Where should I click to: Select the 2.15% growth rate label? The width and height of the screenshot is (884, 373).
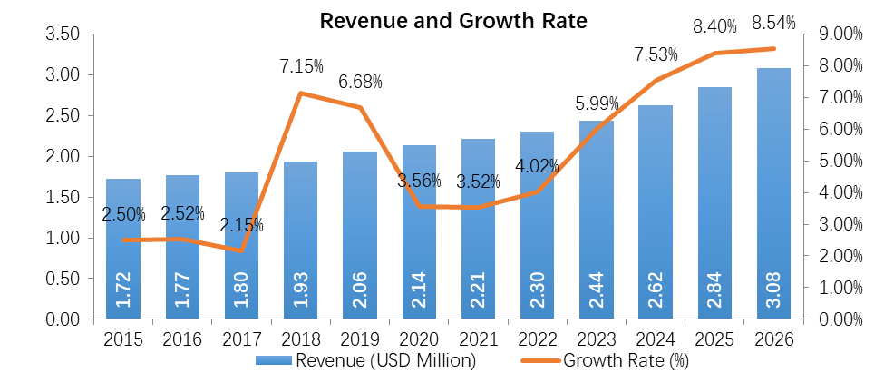pos(239,225)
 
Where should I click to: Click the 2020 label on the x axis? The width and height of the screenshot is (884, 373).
pos(419,340)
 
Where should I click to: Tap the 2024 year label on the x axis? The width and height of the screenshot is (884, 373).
pos(656,340)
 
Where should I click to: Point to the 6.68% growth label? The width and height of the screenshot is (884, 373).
pos(358,82)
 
